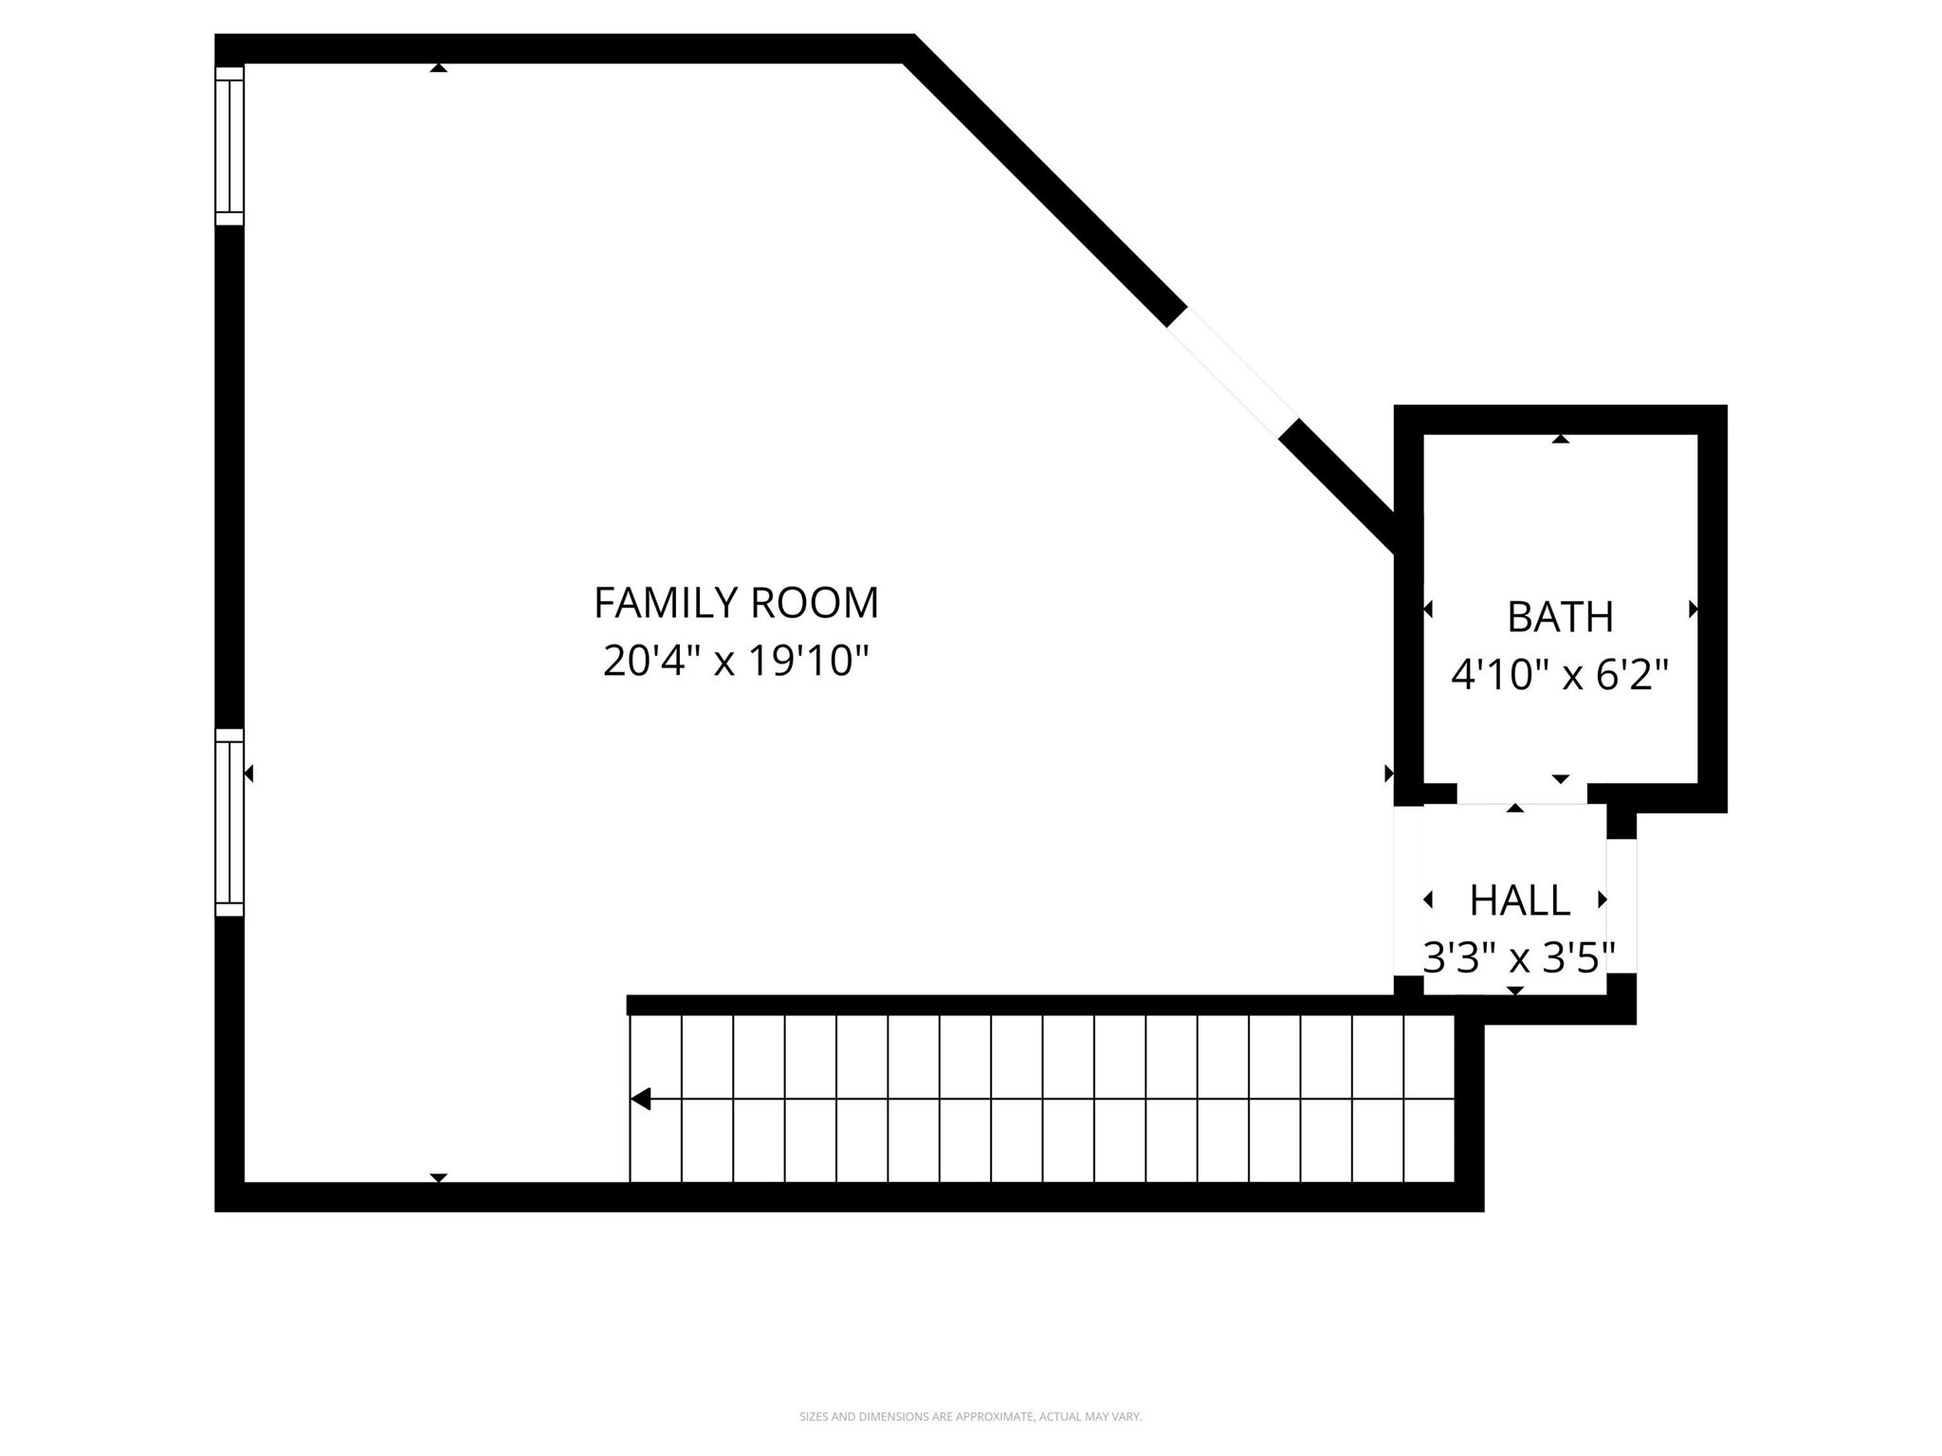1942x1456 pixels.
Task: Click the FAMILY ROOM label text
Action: point(736,603)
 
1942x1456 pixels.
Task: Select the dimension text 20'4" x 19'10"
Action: point(736,661)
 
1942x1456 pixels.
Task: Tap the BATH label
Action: point(1560,617)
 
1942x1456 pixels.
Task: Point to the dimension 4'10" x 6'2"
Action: point(1560,675)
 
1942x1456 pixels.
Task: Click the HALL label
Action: point(1520,901)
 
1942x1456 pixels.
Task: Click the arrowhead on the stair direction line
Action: point(642,1099)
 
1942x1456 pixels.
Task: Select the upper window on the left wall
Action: point(229,146)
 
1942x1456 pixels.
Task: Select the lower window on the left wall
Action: point(229,822)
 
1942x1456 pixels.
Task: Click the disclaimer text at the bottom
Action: point(970,1417)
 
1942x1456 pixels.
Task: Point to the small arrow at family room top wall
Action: point(438,68)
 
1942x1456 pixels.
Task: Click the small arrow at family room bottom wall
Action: point(438,1177)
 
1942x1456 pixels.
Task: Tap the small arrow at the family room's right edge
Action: point(1389,773)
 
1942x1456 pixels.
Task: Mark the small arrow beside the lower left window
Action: point(249,773)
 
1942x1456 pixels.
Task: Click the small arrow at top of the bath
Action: point(1560,439)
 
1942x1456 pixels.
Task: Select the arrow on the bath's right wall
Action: point(1693,610)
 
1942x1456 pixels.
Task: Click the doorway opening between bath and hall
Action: point(1522,794)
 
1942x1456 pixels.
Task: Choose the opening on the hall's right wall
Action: point(1621,905)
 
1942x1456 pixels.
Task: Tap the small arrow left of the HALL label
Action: point(1429,900)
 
